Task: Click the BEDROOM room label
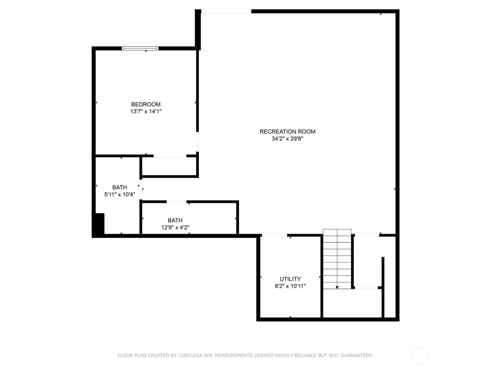tap(146, 104)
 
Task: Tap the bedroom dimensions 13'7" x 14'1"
tap(146, 111)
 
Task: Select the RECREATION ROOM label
tap(287, 131)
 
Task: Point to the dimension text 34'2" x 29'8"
tap(287, 138)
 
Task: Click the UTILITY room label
tap(290, 279)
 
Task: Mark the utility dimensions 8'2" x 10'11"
tap(290, 286)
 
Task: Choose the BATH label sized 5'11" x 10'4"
tap(120, 188)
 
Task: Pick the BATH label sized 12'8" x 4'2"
tap(175, 220)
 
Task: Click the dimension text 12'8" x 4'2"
tap(175, 227)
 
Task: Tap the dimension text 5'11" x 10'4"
tap(120, 194)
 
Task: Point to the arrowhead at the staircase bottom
tap(337, 287)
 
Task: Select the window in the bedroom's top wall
tap(140, 48)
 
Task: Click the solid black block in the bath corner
tap(99, 224)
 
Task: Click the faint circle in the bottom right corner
tap(419, 356)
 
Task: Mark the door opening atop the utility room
tap(274, 235)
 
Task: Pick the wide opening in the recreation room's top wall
tap(226, 12)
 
